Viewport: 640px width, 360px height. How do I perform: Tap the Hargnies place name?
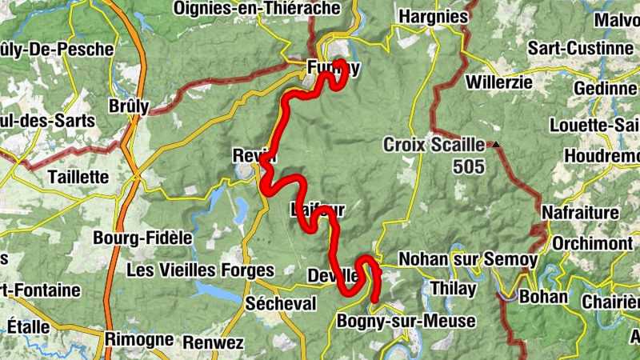(433, 16)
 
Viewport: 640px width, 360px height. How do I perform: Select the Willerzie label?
(498, 82)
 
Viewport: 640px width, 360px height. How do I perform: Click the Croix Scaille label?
(434, 146)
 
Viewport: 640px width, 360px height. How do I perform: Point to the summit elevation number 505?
(468, 166)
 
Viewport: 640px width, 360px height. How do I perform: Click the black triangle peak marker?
(497, 145)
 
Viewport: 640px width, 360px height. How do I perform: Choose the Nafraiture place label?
(581, 213)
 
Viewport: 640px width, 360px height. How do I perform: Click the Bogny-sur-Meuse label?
(406, 322)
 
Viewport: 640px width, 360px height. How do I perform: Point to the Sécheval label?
(281, 304)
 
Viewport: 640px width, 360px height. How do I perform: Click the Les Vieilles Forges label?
(200, 270)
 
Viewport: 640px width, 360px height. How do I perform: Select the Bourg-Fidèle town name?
(143, 238)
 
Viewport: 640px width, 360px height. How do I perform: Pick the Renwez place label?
(213, 342)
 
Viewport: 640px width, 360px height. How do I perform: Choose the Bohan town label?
(544, 298)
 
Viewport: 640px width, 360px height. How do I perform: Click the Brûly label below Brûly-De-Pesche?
(129, 106)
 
